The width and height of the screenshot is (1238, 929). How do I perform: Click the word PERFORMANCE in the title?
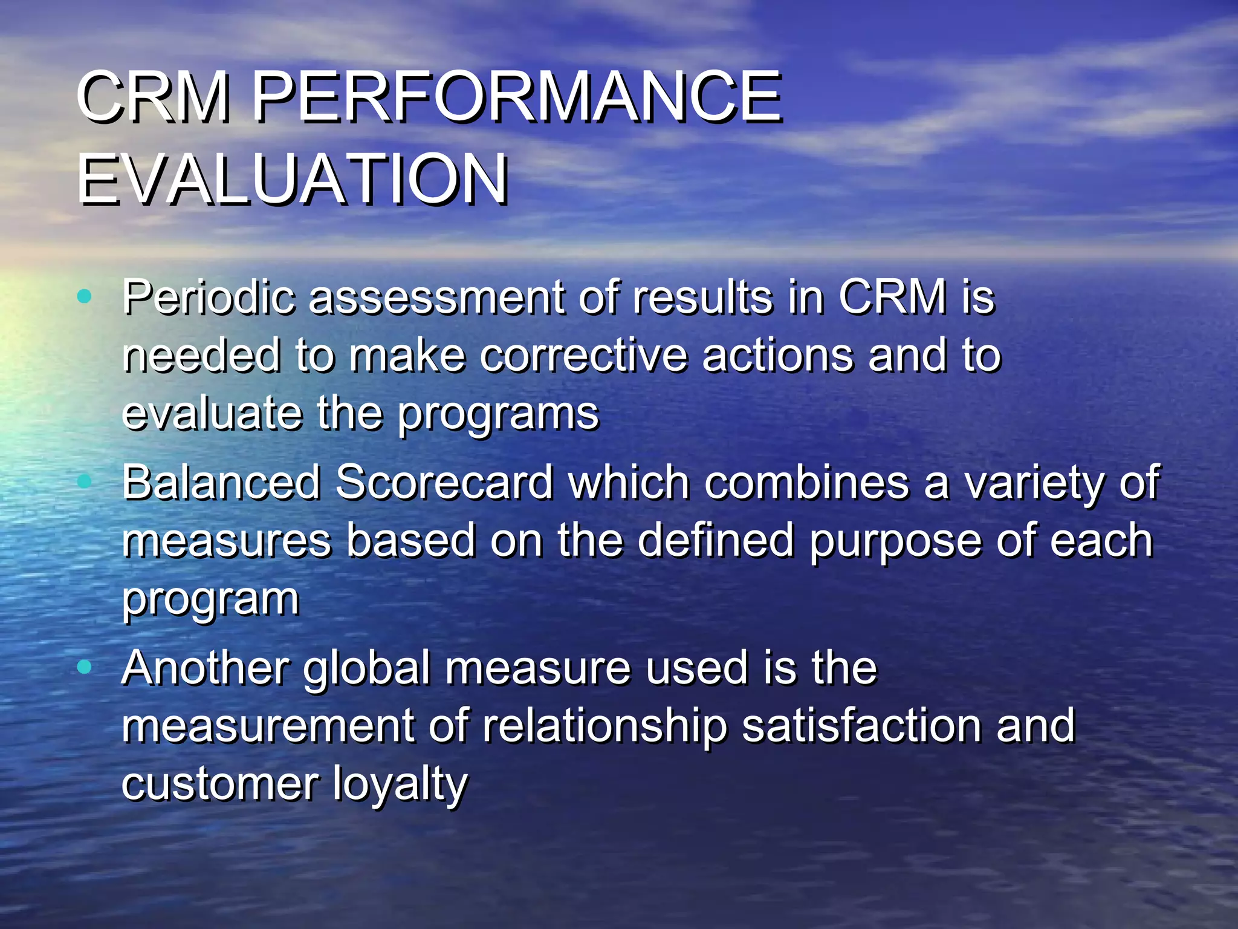point(517,97)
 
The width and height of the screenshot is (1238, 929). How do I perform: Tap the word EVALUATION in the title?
point(293,180)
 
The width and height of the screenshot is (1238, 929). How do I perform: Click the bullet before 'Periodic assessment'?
point(85,296)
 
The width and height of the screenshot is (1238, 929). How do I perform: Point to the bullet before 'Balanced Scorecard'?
point(85,481)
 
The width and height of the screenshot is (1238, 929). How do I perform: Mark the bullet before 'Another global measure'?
point(85,667)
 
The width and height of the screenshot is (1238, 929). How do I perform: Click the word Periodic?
point(209,298)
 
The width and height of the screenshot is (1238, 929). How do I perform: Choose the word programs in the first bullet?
point(498,414)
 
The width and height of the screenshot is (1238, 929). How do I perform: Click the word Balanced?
point(221,482)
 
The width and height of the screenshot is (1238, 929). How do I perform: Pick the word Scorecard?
point(444,482)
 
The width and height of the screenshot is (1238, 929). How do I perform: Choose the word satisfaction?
point(861,725)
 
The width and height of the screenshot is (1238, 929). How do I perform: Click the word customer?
point(219,784)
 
